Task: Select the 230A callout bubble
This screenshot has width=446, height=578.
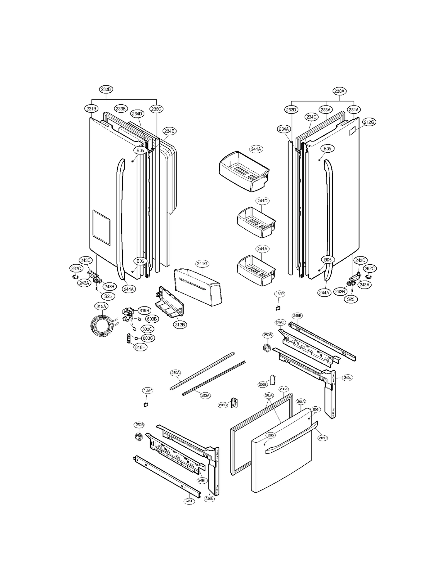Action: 340,91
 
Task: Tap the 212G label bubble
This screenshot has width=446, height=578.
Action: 369,122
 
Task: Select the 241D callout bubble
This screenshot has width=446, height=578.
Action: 262,201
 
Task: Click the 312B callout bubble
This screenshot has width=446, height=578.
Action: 180,325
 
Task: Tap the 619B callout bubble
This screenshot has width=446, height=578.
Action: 145,310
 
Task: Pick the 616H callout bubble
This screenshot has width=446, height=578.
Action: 140,347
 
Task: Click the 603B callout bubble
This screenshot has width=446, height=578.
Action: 152,319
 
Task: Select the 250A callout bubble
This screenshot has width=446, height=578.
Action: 176,373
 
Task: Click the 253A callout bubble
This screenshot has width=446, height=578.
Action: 205,395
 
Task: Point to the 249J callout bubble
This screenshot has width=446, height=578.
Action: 347,378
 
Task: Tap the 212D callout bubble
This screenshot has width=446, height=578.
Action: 322,438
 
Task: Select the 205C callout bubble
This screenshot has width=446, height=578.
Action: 223,405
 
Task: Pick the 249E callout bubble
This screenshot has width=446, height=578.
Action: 297,316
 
